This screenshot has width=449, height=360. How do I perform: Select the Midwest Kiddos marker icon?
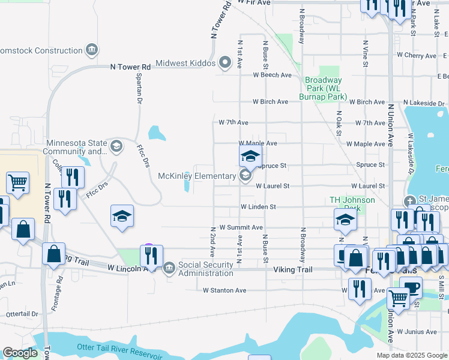225,62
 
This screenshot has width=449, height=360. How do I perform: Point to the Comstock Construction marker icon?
92,50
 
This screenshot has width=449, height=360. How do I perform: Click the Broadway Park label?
324,88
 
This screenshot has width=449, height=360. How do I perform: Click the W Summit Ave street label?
241,227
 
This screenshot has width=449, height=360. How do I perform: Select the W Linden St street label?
258,206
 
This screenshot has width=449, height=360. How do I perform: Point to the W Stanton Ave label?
224,290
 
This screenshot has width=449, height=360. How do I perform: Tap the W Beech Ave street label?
272,75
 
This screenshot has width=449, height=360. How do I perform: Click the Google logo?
20,353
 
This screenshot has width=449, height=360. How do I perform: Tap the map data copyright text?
411,355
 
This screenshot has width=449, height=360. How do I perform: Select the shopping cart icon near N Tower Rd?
17,182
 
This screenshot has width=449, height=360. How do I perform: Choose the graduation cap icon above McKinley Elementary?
250,157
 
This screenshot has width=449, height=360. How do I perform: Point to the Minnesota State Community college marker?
116,145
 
